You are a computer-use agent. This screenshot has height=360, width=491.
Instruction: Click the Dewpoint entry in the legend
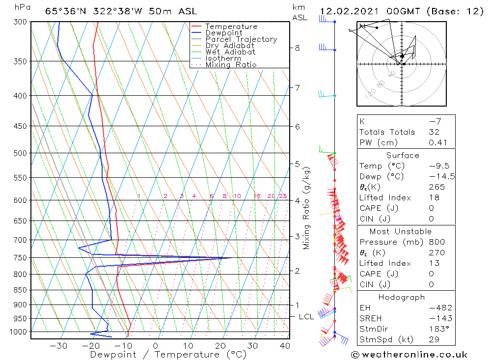(x=224, y=33)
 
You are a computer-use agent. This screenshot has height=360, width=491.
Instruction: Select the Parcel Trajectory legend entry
(x=241, y=39)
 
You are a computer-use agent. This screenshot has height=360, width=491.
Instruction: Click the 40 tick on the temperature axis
(x=284, y=346)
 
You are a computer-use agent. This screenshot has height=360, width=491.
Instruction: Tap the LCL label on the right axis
(x=306, y=317)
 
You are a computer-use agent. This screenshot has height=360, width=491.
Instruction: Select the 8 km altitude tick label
(x=297, y=48)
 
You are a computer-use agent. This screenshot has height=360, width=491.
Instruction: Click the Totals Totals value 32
(x=434, y=132)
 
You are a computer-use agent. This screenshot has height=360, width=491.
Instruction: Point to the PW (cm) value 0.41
(x=437, y=142)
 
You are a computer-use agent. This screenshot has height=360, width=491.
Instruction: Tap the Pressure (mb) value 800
(x=436, y=242)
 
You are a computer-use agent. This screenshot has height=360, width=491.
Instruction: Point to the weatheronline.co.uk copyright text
(x=409, y=355)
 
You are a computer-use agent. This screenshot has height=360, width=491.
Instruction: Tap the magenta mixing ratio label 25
(x=283, y=196)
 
